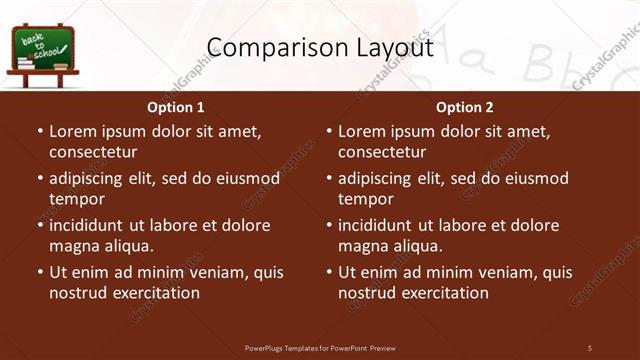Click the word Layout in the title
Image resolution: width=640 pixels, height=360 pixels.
(x=394, y=48)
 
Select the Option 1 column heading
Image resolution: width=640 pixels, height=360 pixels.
(x=176, y=107)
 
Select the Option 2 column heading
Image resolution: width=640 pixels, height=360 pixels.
(x=465, y=107)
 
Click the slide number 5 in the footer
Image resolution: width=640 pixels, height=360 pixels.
(x=590, y=347)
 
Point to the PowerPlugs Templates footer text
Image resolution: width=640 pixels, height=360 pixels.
(x=320, y=347)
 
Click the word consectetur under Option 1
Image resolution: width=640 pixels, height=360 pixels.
(x=93, y=152)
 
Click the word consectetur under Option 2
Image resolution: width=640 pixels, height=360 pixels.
(x=382, y=152)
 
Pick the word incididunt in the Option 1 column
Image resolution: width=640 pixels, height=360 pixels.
(x=88, y=225)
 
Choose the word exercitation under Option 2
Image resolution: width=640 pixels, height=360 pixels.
(x=446, y=293)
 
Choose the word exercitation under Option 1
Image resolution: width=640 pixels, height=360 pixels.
(x=157, y=293)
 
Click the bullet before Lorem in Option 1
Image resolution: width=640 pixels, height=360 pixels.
(x=40, y=131)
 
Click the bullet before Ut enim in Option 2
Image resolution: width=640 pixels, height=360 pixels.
(x=329, y=272)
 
